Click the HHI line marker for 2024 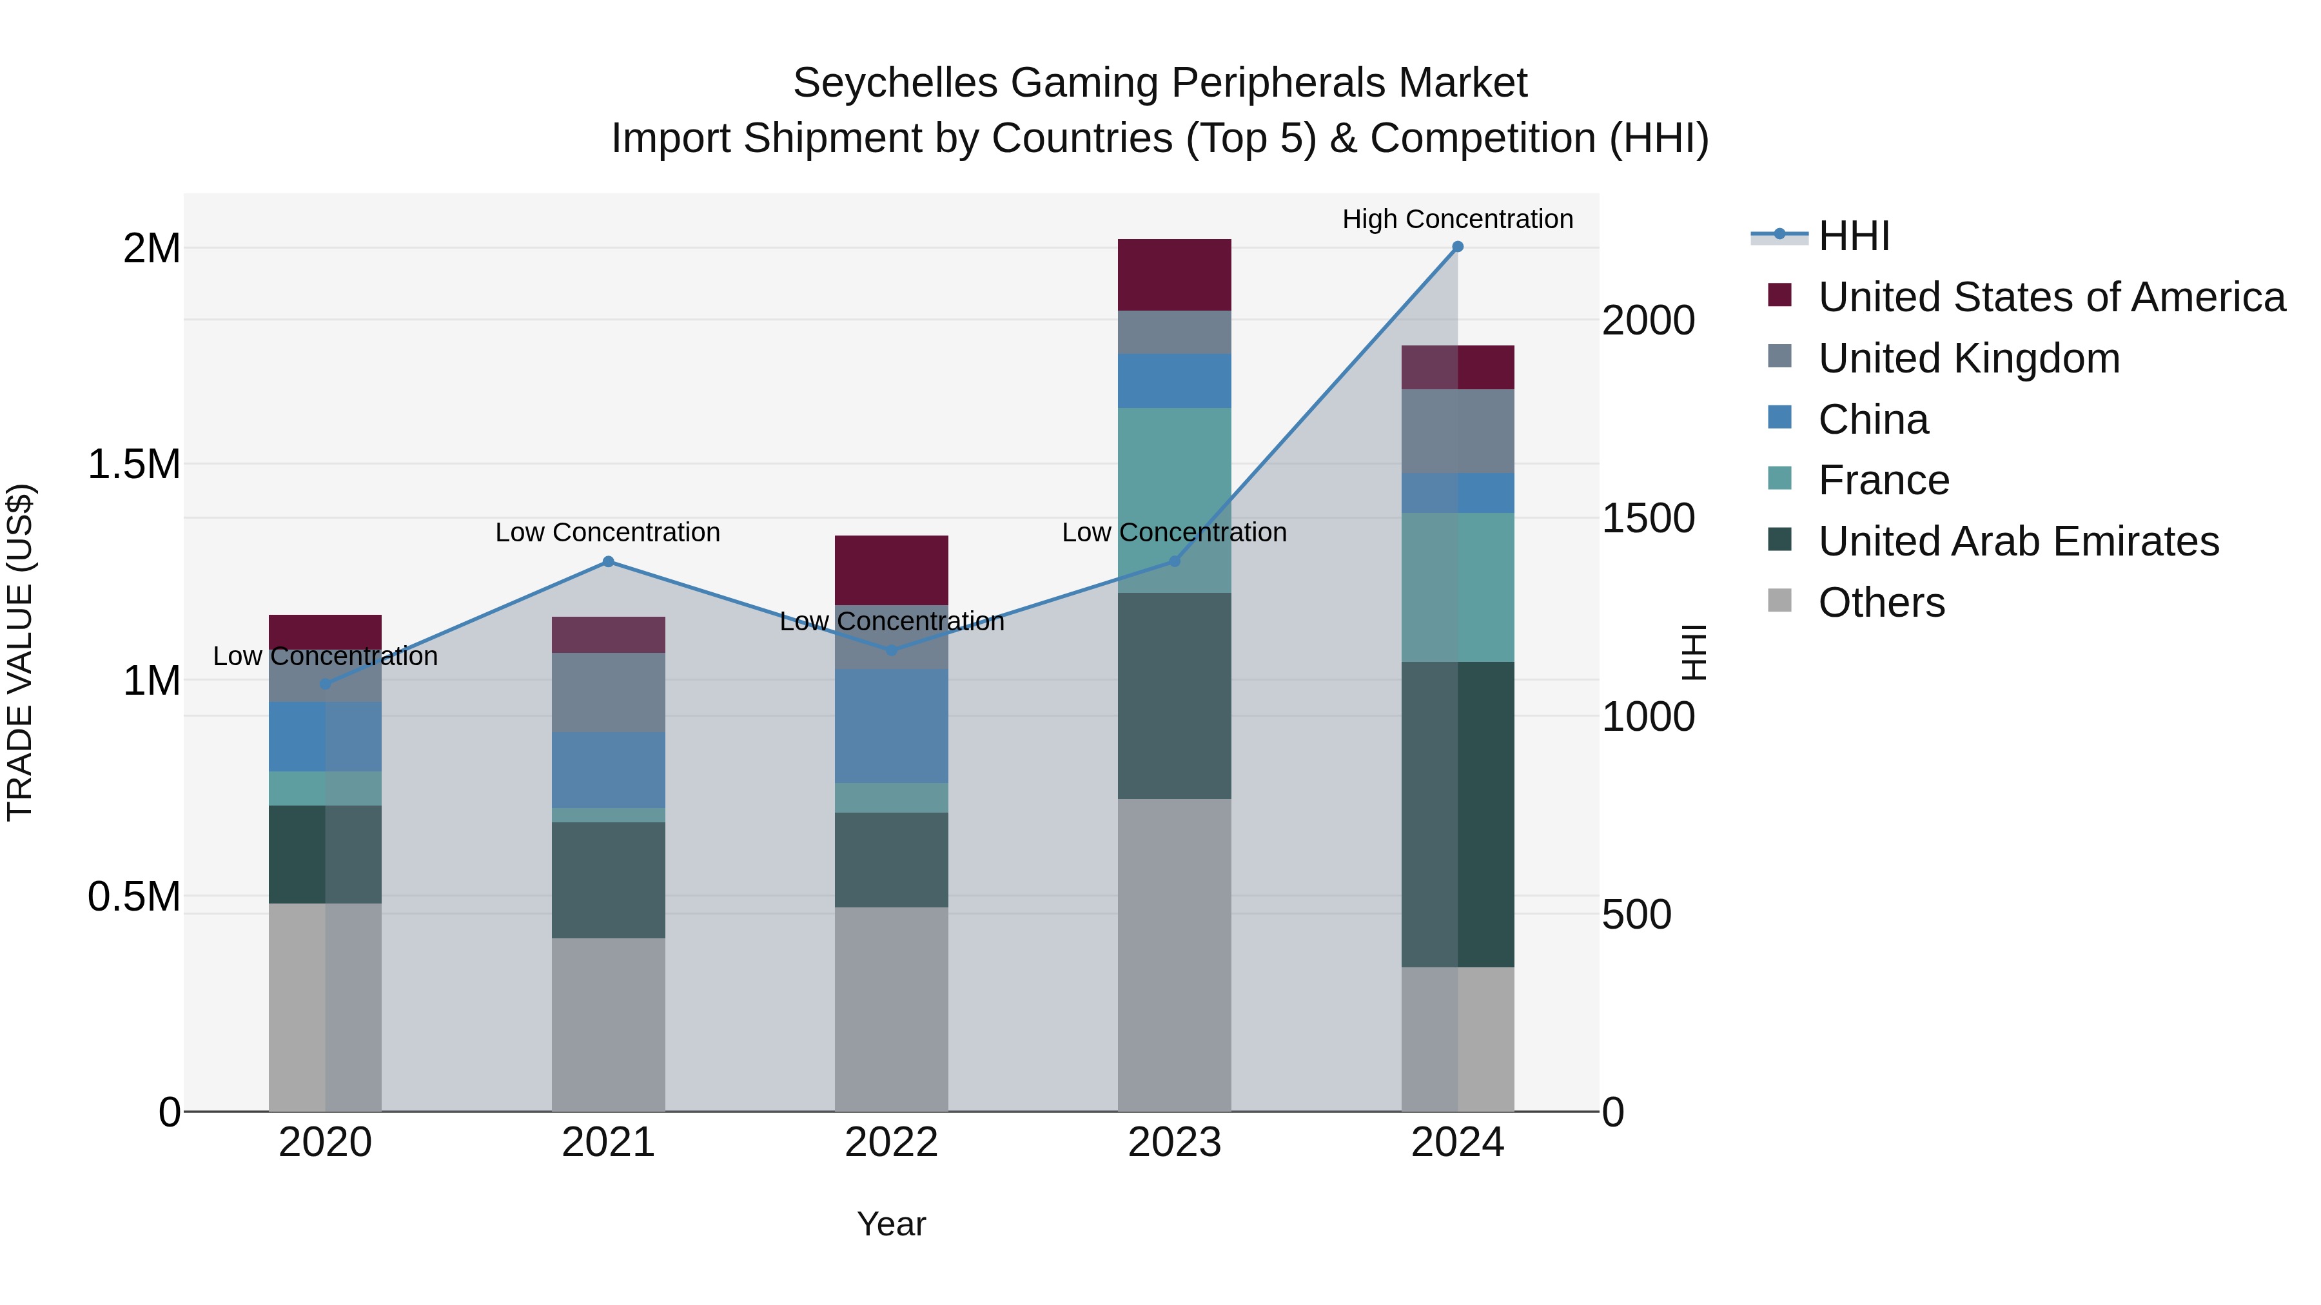(1457, 247)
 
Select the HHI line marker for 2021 (608, 562)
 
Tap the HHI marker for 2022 (891, 650)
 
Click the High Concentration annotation (1457, 219)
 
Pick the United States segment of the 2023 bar (1174, 275)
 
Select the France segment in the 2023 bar (1174, 500)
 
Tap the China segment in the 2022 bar (891, 726)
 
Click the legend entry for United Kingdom (1969, 358)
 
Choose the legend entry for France (1883, 480)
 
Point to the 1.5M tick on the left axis (133, 465)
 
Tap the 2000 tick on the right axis (1648, 321)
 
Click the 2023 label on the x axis (1174, 1143)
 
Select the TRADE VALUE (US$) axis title (20, 652)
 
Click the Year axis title (891, 1224)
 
